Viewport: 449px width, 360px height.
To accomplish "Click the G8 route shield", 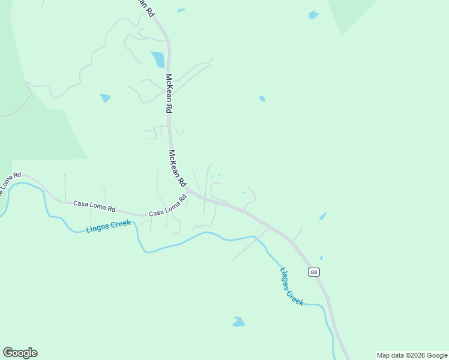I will pyautogui.click(x=313, y=272).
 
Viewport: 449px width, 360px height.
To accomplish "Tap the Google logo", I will pyautogui.click(x=20, y=353).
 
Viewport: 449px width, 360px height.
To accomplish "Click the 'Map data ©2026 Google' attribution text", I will pyautogui.click(x=412, y=355).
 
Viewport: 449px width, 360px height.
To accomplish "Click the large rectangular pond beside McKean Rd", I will pyautogui.click(x=158, y=59).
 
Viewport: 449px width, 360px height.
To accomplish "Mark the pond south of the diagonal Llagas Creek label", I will pyautogui.click(x=239, y=322).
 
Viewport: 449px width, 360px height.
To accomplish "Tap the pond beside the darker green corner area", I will pyautogui.click(x=313, y=14).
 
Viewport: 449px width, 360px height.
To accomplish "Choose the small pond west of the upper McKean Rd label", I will pyautogui.click(x=106, y=98).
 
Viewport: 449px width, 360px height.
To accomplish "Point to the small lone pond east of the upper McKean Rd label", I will pyautogui.click(x=262, y=98).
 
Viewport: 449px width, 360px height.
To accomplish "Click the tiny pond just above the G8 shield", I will pyautogui.click(x=321, y=258).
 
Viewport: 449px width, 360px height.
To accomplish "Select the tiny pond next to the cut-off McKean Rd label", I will pyautogui.click(x=181, y=10).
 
